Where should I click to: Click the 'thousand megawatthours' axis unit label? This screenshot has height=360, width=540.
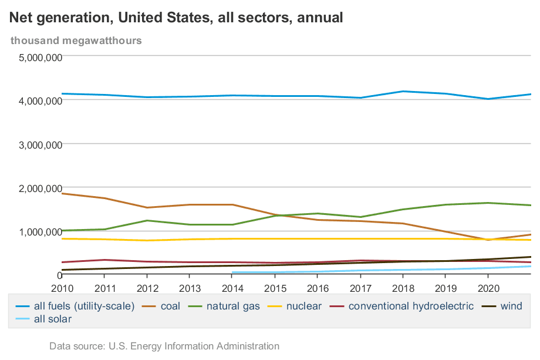(76, 41)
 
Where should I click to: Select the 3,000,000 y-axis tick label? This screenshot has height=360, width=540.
(41, 144)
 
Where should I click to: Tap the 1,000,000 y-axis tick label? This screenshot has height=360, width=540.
(41, 231)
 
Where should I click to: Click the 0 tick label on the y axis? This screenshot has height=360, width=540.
(59, 275)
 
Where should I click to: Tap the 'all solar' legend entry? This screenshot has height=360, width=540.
(52, 319)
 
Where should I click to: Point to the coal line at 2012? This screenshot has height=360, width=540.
(147, 207)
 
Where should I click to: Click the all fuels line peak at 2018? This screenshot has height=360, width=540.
(403, 91)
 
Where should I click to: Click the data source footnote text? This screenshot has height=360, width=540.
(164, 346)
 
